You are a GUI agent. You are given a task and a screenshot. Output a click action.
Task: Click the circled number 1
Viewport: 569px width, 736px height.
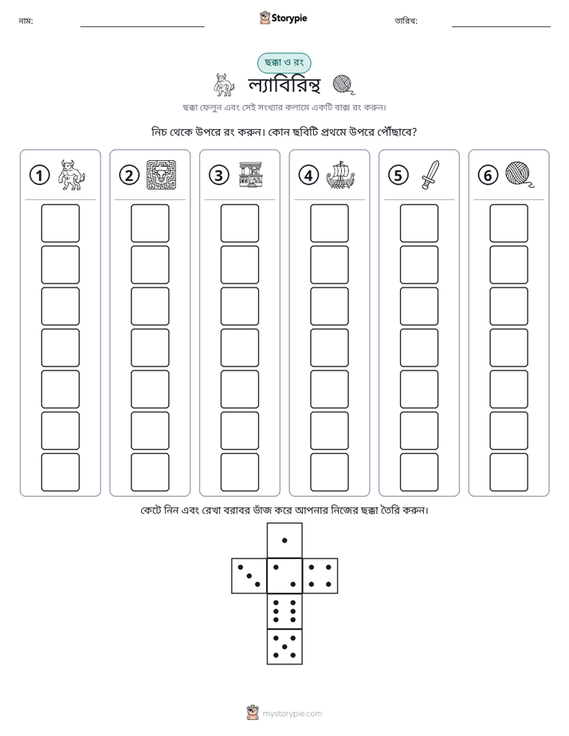[39, 175]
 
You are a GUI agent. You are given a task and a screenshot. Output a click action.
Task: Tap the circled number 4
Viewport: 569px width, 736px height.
[308, 175]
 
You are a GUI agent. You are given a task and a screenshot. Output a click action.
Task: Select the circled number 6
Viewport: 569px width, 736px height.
[488, 175]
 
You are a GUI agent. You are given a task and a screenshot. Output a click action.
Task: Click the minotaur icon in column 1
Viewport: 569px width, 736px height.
[72, 175]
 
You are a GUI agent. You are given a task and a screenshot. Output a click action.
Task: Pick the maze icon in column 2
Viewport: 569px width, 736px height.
[161, 175]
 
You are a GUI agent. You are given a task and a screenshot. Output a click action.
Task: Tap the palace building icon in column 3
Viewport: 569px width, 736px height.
[251, 175]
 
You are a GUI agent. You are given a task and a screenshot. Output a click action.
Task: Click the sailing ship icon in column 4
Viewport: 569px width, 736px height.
[340, 175]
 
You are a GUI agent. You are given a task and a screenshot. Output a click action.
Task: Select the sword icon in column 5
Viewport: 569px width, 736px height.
[430, 175]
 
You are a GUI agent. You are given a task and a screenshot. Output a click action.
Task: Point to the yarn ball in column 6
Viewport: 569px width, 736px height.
[520, 174]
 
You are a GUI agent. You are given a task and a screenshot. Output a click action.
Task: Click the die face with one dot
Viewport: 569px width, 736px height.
[284, 540]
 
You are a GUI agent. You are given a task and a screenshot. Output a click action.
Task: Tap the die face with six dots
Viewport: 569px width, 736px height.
[284, 611]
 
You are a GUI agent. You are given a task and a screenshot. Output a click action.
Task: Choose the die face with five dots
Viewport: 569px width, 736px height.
[284, 647]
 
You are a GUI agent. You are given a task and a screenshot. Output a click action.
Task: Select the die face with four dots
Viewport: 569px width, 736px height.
[320, 576]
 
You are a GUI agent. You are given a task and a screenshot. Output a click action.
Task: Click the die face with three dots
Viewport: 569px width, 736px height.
[249, 576]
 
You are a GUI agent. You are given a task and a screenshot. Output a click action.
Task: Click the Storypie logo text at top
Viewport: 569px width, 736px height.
[289, 18]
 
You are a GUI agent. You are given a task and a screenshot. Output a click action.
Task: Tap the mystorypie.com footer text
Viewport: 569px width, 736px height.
[292, 714]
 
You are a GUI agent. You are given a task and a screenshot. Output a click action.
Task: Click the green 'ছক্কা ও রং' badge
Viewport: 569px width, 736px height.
[284, 62]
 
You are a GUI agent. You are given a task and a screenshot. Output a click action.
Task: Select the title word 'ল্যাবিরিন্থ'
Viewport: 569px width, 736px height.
[284, 85]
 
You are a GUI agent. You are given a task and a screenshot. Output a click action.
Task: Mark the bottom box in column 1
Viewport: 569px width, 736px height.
[61, 472]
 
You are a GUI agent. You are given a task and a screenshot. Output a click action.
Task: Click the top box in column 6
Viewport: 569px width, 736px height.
[509, 223]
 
